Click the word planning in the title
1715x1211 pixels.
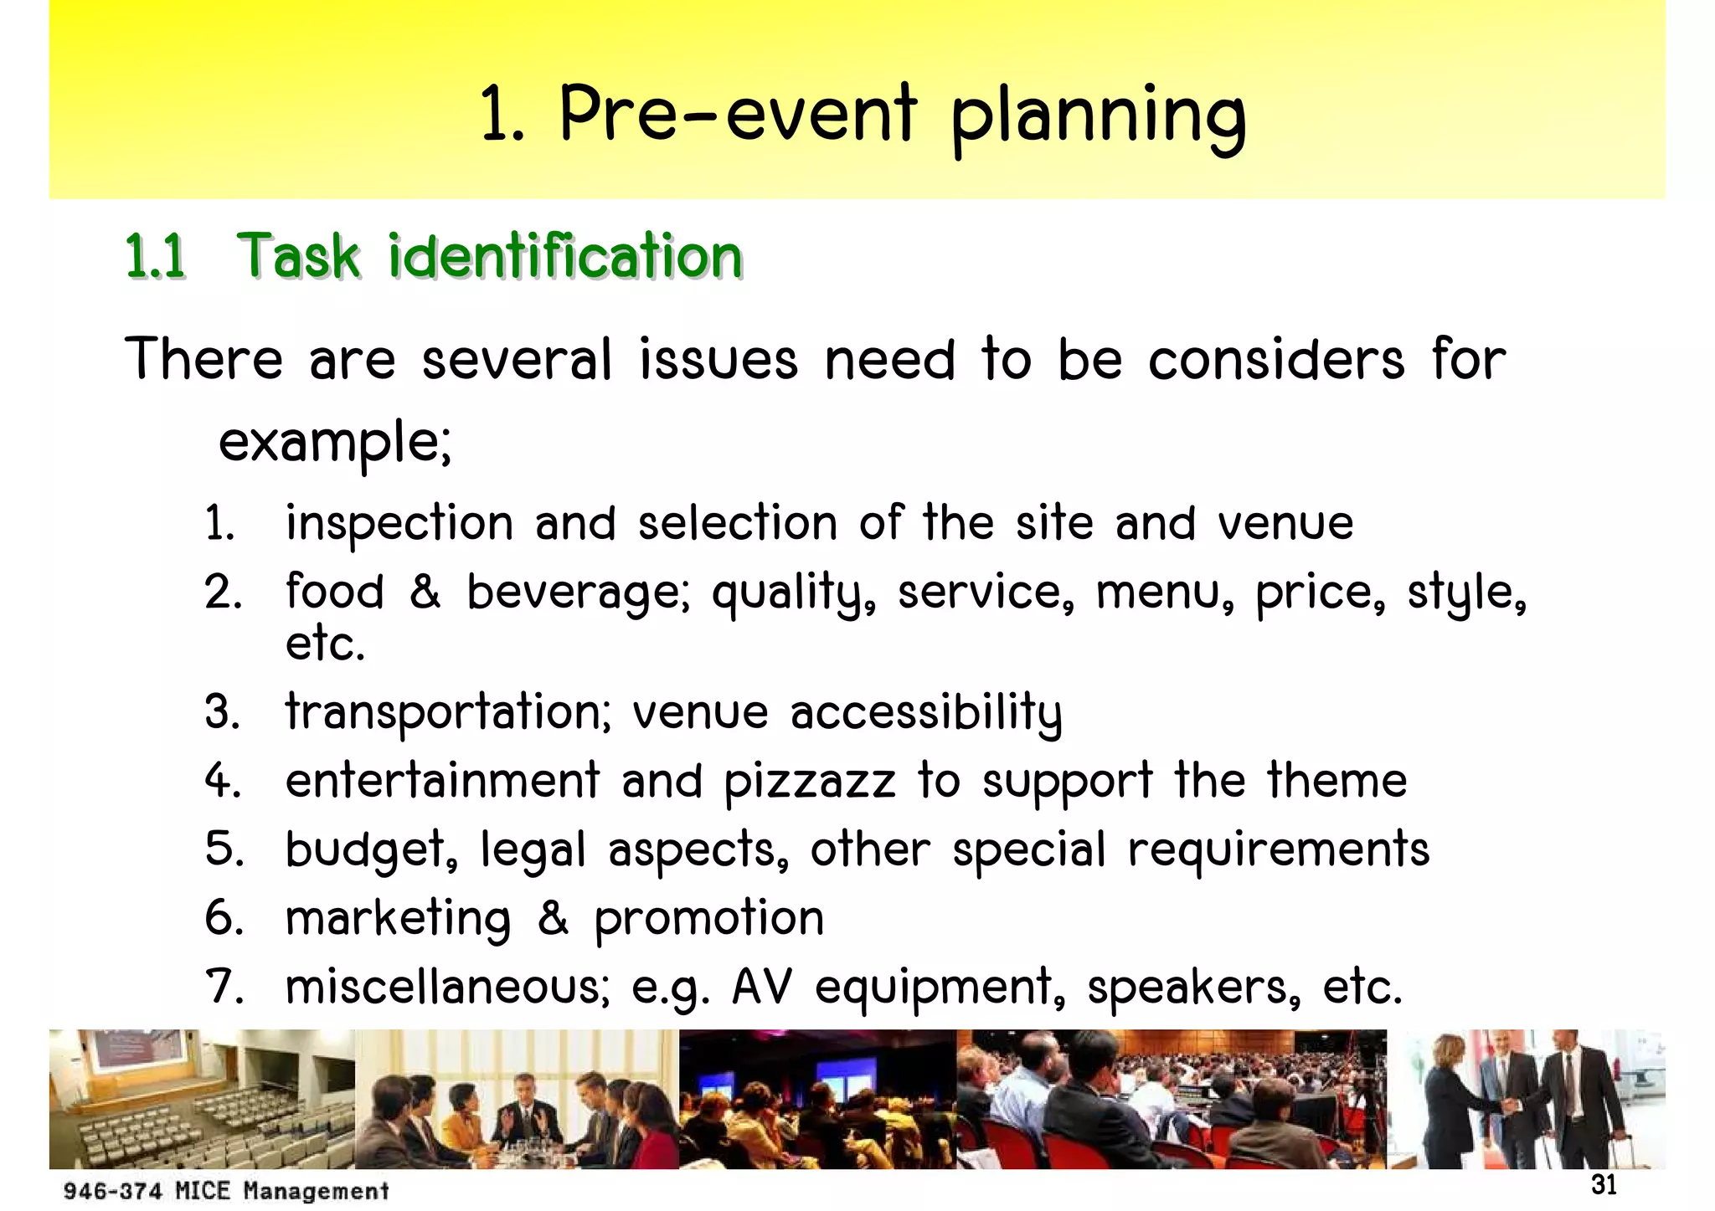1098,117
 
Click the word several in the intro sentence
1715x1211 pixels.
517,360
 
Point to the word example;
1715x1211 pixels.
335,442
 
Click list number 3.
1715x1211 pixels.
222,712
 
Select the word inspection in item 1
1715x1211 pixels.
399,524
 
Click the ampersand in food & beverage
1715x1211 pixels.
425,592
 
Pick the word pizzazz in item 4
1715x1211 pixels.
809,782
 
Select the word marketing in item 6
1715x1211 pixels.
398,919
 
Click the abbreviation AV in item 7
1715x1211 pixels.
761,987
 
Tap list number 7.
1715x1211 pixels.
224,987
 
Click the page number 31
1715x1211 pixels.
1603,1186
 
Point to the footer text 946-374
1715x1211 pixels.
112,1191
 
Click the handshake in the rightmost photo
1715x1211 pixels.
1512,1106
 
